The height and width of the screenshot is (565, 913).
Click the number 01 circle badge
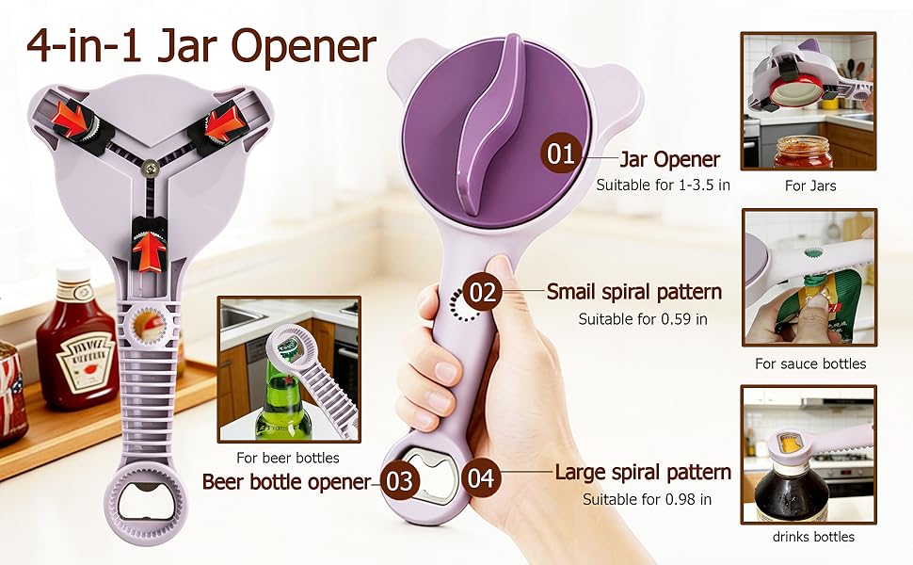click(x=561, y=153)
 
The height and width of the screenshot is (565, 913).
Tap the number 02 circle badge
click(x=483, y=292)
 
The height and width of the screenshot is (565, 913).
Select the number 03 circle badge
click(x=400, y=481)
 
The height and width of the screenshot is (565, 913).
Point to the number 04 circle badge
click(x=481, y=477)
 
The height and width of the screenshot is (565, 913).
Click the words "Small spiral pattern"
click(x=633, y=292)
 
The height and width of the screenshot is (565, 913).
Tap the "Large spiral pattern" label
click(x=643, y=473)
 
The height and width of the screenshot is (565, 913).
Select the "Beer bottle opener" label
click(x=287, y=482)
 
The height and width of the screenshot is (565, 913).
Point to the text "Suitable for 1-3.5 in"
click(x=663, y=186)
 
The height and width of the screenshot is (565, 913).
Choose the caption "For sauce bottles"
click(x=809, y=363)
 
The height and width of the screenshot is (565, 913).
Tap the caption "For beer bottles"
click(x=288, y=459)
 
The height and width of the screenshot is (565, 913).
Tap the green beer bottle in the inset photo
click(x=281, y=400)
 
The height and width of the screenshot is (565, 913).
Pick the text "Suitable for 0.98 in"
click(x=646, y=499)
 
